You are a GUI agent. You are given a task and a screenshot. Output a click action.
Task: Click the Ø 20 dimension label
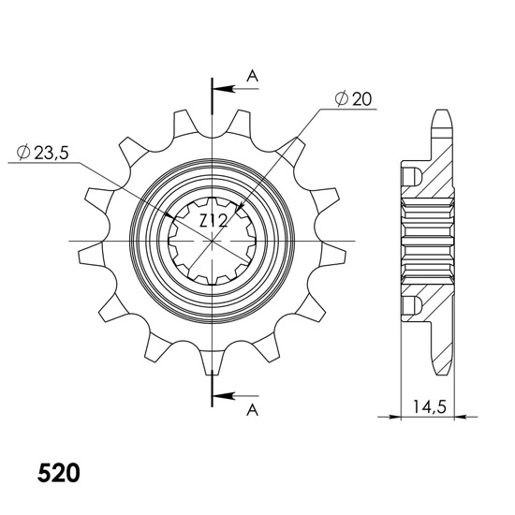click(353, 98)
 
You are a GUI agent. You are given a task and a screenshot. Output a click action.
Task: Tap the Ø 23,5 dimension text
click(42, 153)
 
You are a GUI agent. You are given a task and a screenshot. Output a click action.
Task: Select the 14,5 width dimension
click(430, 407)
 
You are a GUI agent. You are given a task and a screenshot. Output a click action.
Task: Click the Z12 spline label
click(213, 221)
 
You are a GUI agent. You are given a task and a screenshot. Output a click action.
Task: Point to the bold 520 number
click(58, 473)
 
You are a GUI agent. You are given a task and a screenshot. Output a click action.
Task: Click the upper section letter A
click(252, 76)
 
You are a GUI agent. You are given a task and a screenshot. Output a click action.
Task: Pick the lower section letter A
click(252, 409)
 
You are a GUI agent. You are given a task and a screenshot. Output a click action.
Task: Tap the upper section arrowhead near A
click(224, 89)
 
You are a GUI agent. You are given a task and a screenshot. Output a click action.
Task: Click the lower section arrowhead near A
click(224, 396)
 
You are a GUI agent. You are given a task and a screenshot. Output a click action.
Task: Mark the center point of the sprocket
click(213, 241)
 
